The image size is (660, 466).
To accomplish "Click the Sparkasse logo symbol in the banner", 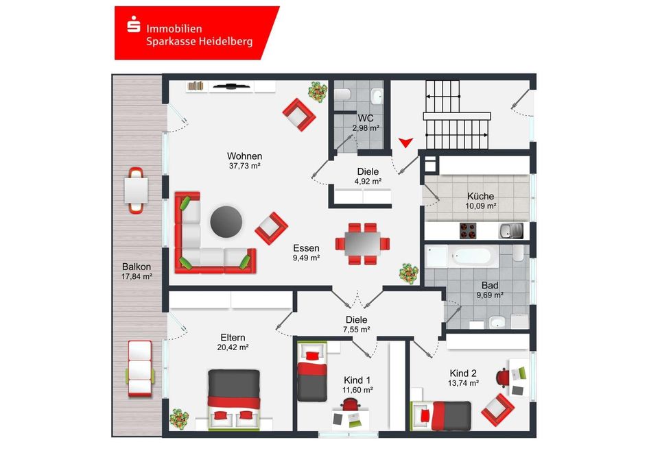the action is point(133,25).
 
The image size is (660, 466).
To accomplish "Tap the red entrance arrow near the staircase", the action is point(405,143).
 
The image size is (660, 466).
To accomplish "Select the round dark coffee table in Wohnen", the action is point(226,221).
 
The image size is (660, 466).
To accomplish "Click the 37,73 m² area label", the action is point(244,166).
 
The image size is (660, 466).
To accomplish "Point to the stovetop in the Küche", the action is point(467,230).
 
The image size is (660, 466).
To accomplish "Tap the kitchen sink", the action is point(511,230).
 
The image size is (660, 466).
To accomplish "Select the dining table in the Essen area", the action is point(362,243).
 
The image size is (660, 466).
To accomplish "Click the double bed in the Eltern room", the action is point(234,400).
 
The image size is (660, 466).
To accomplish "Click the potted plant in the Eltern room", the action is point(179,419).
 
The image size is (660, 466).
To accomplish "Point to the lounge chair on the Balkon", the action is point(140,369).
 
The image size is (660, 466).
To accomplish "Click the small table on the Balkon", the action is point(136,191).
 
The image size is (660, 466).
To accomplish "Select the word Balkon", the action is point(137,267).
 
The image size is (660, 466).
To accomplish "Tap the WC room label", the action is point(366,118).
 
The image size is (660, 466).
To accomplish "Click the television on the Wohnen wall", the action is point(231,86).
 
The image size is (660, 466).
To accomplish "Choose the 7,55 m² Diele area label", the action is point(357,330).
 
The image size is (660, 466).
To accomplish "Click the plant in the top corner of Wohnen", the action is point(318,91).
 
